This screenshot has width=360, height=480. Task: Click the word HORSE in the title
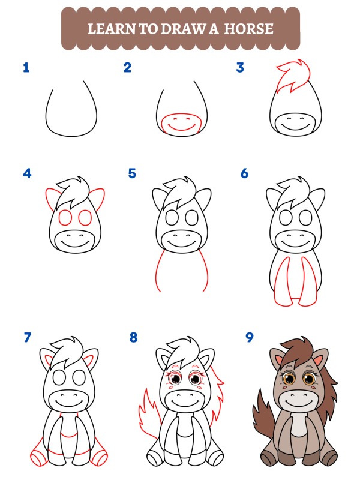click(248, 28)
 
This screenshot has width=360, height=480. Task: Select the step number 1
click(26, 67)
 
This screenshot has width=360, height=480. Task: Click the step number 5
click(132, 174)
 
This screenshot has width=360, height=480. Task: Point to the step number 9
click(250, 337)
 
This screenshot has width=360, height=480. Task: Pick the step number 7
click(27, 338)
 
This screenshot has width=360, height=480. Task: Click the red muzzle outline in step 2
click(182, 124)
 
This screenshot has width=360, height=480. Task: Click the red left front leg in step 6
click(281, 282)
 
